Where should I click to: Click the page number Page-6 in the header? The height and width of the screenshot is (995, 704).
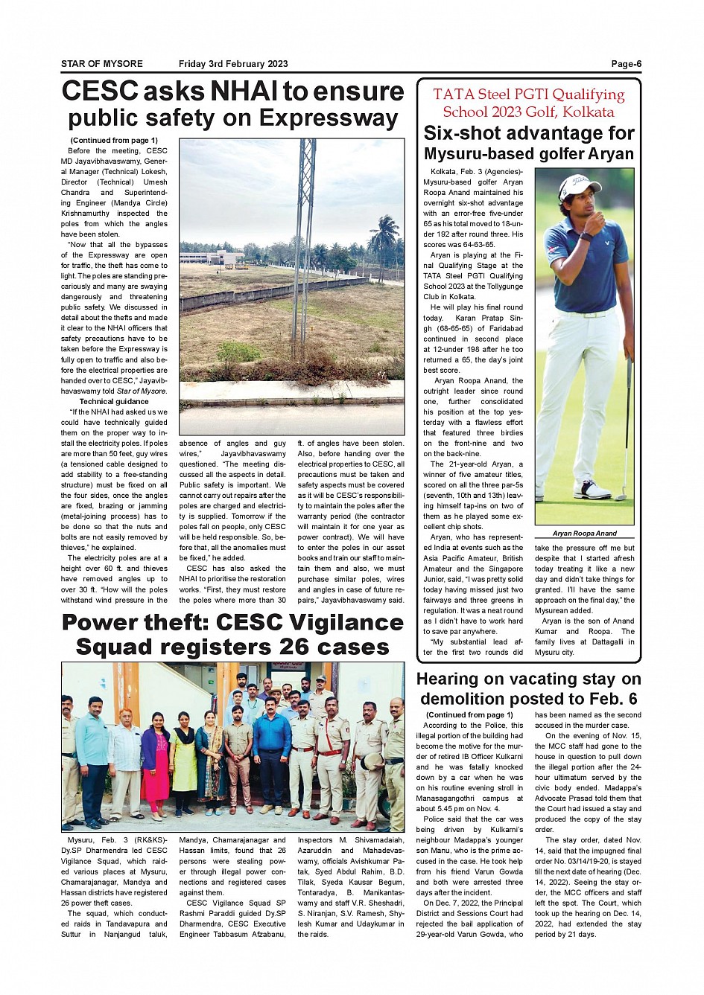[626, 64]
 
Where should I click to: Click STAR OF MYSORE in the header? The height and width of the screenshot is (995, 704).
[102, 64]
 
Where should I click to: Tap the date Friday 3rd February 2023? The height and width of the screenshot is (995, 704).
[233, 64]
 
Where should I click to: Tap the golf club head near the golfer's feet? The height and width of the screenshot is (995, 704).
[621, 494]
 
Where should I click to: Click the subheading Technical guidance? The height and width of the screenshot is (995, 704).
[114, 401]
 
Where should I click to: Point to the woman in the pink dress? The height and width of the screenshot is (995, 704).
[156, 767]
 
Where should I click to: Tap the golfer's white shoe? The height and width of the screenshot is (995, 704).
[593, 489]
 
